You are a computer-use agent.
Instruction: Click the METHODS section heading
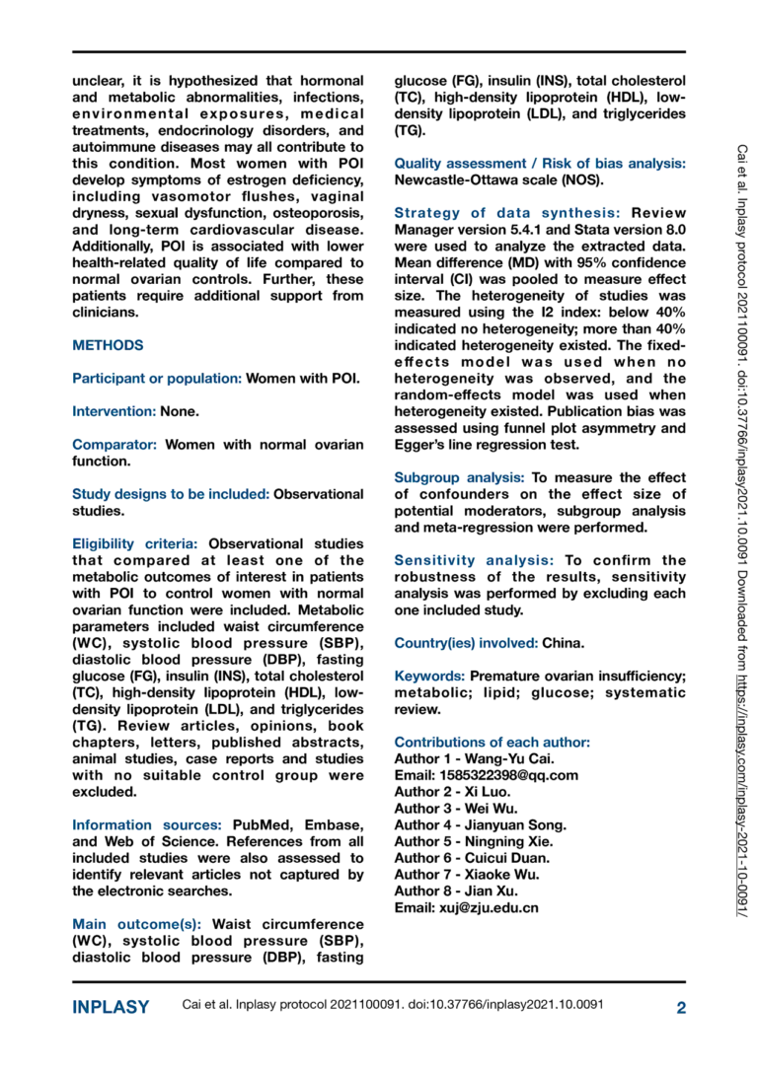tap(108, 345)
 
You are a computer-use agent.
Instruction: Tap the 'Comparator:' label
tap(115, 444)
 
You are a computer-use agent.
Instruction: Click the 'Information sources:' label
tap(147, 824)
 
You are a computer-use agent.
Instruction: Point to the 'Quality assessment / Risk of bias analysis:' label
tap(540, 163)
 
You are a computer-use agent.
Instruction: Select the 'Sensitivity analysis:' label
tap(469, 560)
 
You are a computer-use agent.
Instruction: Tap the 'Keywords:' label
tap(429, 676)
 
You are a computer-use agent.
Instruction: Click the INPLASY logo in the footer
tap(112, 1007)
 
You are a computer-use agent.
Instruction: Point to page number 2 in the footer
tap(680, 1007)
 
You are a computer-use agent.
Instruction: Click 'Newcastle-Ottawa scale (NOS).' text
tap(497, 179)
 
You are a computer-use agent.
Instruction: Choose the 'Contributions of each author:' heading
tap(492, 742)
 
